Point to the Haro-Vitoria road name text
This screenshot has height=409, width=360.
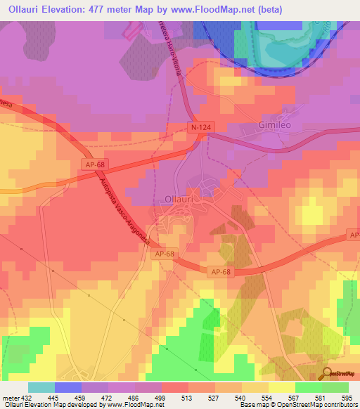(172, 49)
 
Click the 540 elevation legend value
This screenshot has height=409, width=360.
(242, 399)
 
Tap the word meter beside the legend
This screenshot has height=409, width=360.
(10, 399)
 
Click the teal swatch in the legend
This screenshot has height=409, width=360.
(41, 387)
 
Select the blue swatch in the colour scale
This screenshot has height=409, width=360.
(67, 387)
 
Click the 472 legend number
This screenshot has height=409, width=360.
(108, 399)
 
